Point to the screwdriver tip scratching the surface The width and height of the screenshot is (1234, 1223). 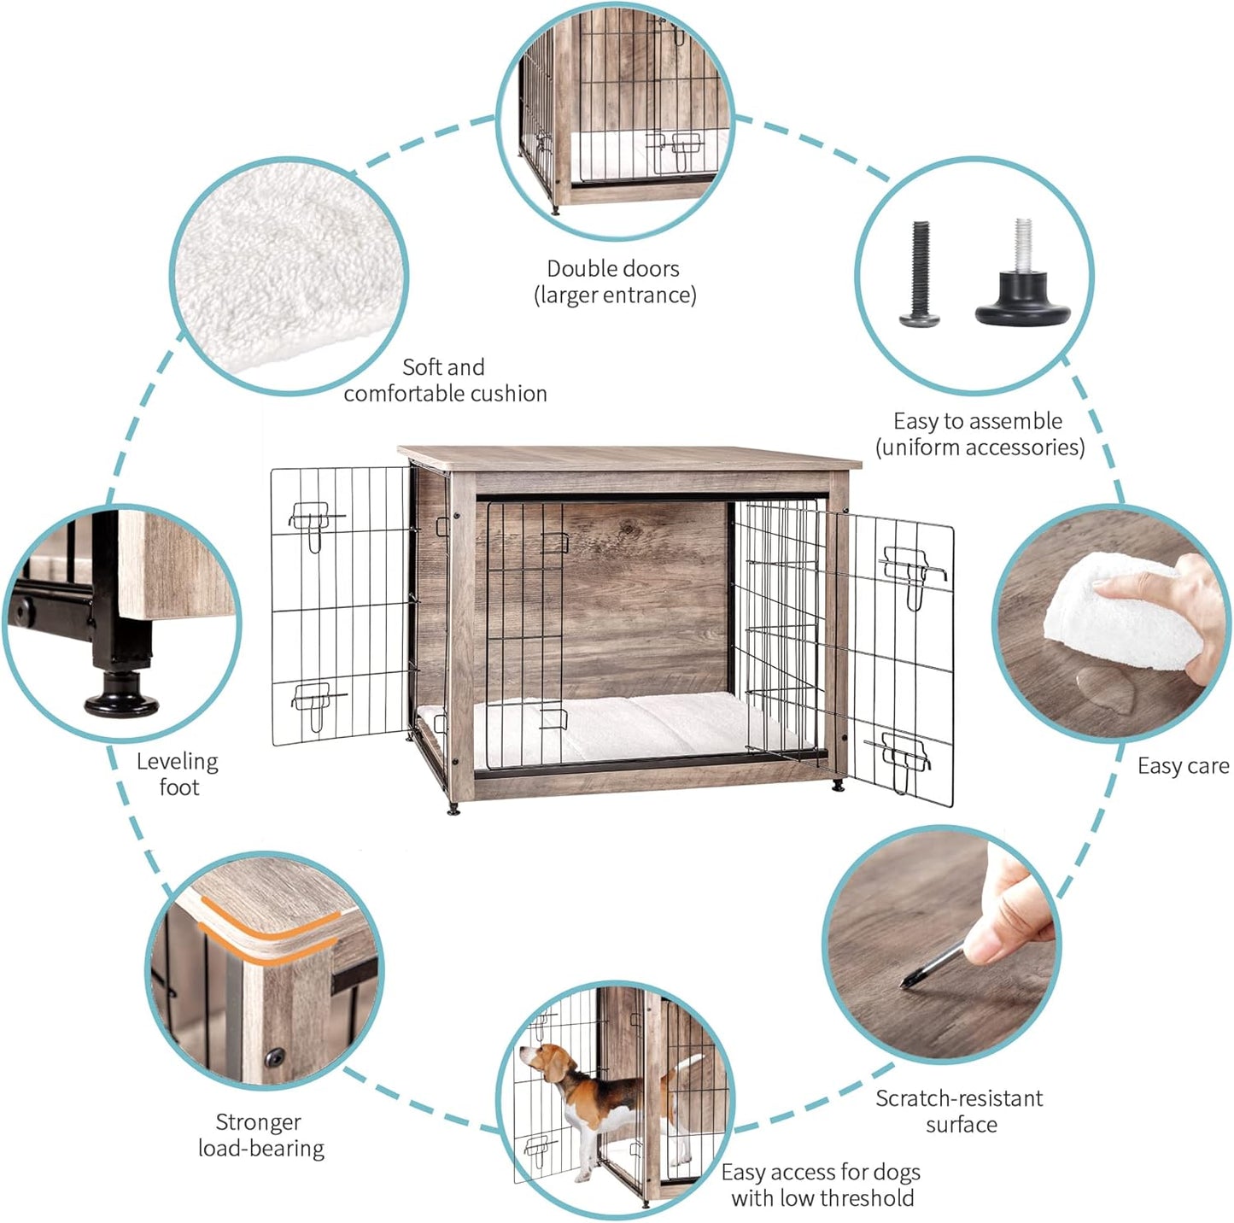[907, 983]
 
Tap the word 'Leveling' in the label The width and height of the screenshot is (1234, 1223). [178, 761]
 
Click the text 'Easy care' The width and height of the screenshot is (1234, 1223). [1183, 766]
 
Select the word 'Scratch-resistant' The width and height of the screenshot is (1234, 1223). [959, 1098]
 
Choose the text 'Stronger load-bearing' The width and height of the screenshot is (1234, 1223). [260, 1135]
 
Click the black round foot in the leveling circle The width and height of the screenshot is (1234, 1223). [121, 697]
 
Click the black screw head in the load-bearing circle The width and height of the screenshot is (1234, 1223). [275, 1058]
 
